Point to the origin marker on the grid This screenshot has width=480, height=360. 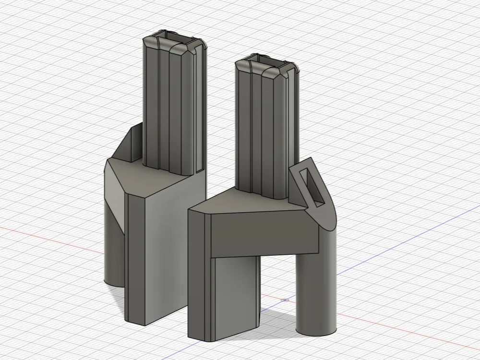coord(286,300)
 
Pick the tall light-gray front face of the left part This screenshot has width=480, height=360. coord(163,254)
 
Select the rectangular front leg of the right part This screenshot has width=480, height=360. coord(235,298)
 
